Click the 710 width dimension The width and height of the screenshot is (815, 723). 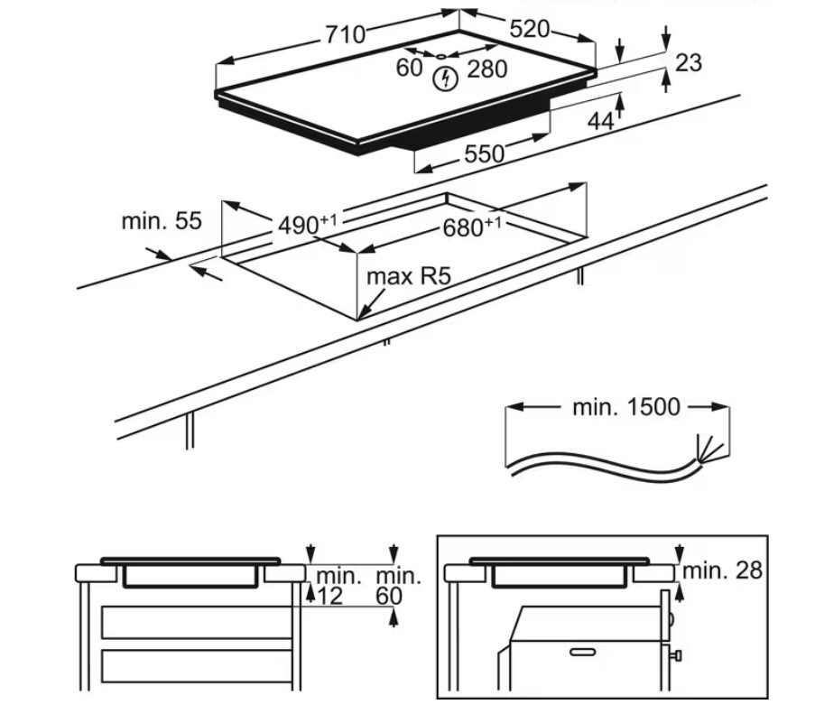pyautogui.click(x=346, y=35)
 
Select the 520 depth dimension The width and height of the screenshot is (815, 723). pyautogui.click(x=529, y=29)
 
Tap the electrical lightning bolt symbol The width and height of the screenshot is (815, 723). pyautogui.click(x=444, y=79)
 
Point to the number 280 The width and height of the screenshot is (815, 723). pyautogui.click(x=487, y=69)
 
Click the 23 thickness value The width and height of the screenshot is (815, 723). pyautogui.click(x=688, y=62)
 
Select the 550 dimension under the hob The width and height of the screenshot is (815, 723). pyautogui.click(x=485, y=153)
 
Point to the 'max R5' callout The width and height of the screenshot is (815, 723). pyautogui.click(x=407, y=276)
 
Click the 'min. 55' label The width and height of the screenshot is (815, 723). pyautogui.click(x=162, y=221)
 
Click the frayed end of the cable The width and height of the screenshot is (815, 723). pyautogui.click(x=707, y=450)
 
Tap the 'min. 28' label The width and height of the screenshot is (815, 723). pyautogui.click(x=722, y=570)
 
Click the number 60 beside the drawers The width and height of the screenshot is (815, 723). pyautogui.click(x=388, y=596)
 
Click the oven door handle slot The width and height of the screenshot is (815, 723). pyautogui.click(x=582, y=650)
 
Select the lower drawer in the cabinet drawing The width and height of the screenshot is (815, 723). pyautogui.click(x=196, y=666)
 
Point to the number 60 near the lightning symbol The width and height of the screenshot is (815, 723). pyautogui.click(x=409, y=69)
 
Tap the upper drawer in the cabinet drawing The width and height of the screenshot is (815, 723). pyautogui.click(x=196, y=622)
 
